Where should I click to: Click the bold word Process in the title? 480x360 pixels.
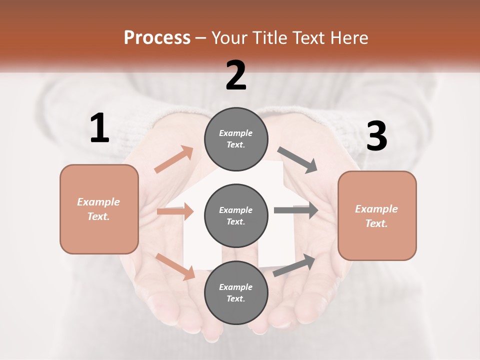click(x=157, y=37)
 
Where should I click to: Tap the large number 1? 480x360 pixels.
click(x=99, y=128)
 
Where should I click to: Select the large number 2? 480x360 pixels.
click(x=236, y=75)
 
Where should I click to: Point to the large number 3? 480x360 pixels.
click(x=376, y=136)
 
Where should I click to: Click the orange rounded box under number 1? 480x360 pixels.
click(x=99, y=209)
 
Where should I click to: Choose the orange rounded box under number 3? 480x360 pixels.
click(x=377, y=215)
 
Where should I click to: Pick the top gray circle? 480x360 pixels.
click(x=236, y=139)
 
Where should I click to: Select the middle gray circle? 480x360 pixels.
click(x=236, y=215)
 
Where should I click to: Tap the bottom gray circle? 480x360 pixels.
click(x=236, y=292)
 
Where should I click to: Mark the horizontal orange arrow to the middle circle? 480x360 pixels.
click(x=175, y=211)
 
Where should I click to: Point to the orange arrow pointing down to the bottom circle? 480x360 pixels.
click(x=175, y=266)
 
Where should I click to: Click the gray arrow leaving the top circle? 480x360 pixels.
click(x=297, y=160)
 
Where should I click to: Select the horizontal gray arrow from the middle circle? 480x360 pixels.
click(x=295, y=210)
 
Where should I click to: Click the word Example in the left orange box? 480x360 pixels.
click(x=98, y=202)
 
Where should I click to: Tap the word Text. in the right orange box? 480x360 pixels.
click(x=376, y=223)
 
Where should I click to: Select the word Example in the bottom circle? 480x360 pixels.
click(x=236, y=287)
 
